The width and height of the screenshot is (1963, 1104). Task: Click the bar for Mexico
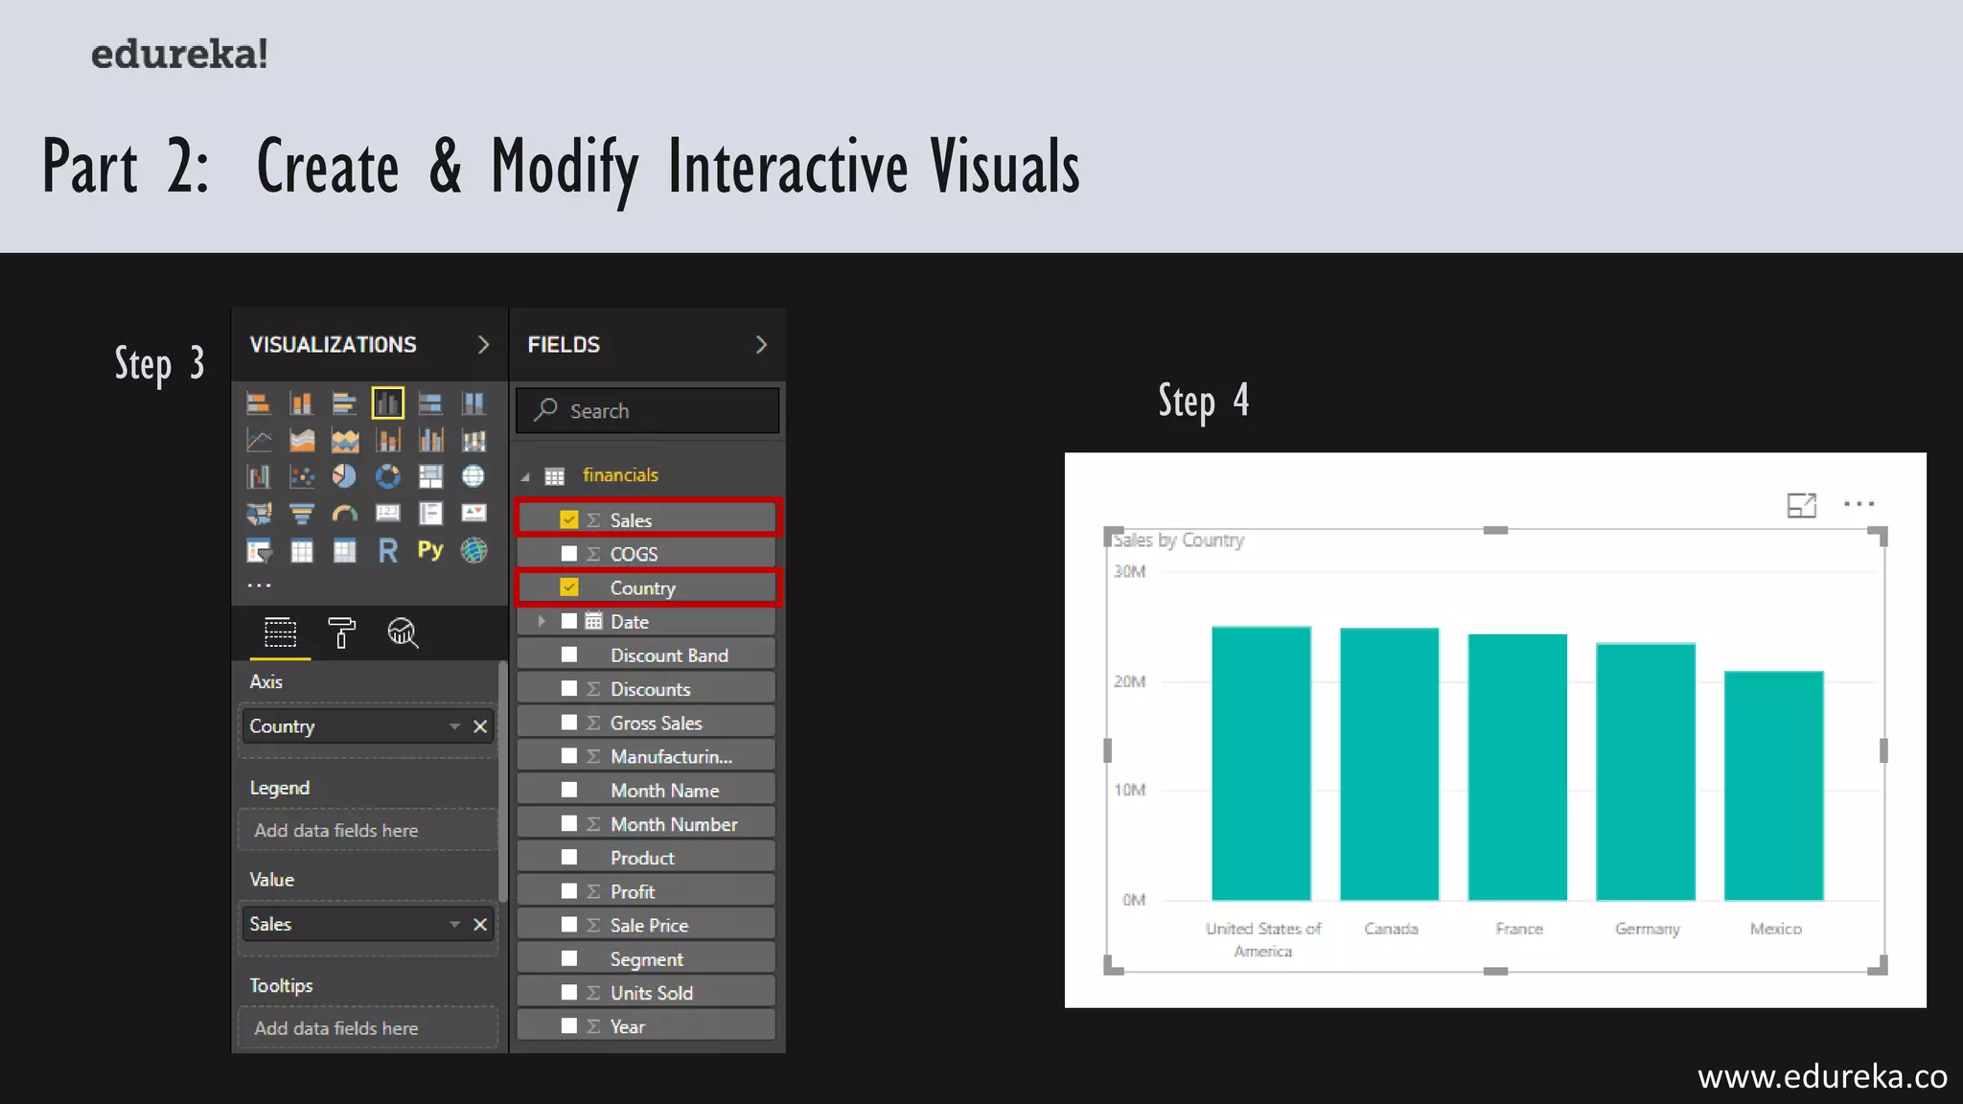coord(1773,785)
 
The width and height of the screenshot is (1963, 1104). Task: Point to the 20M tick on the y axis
coord(1129,681)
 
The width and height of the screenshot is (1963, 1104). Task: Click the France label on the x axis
coord(1518,929)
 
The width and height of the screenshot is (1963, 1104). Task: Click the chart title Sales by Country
coord(1178,540)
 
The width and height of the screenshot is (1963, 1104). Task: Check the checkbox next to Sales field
coord(569,519)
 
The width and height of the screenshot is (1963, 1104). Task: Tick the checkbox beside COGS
coord(569,554)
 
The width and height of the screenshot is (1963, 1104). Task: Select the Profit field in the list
coord(633,891)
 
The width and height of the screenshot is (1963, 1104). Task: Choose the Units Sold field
coord(651,993)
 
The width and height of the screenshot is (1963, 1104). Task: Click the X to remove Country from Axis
coord(480,726)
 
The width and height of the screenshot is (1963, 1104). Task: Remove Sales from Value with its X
coord(480,924)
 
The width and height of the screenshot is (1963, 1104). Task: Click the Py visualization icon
coord(430,550)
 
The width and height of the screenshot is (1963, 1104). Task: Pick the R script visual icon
coord(387,550)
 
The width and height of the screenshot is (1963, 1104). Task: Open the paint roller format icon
coord(341,633)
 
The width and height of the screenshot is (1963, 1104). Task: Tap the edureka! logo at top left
coord(179,54)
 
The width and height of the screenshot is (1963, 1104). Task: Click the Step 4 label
coord(1203,402)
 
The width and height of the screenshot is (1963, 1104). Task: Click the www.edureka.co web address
coord(1821,1076)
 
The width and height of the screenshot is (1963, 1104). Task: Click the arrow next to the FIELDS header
coord(761,345)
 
